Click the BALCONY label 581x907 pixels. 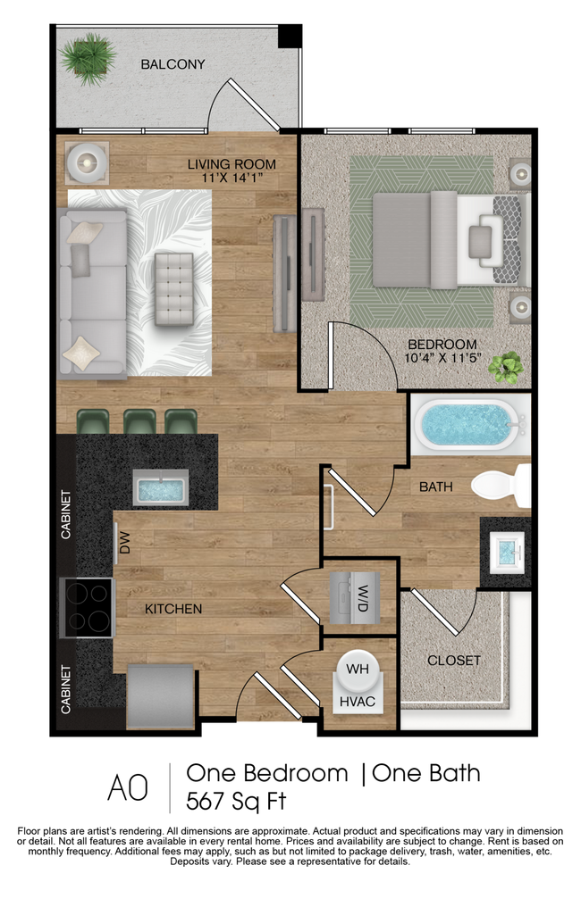(173, 64)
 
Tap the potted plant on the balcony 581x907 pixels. (87, 57)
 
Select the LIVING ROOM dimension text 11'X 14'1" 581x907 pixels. (232, 179)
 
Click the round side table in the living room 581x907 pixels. (87, 162)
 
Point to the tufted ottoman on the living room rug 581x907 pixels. (173, 288)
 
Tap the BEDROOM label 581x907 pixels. (442, 345)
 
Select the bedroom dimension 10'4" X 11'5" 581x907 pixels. (442, 360)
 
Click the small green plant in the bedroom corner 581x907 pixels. (507, 366)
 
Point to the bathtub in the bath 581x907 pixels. (467, 426)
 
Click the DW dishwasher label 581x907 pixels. (125, 544)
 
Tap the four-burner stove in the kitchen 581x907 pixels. (87, 608)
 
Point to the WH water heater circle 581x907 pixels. (358, 669)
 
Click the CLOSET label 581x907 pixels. (453, 661)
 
